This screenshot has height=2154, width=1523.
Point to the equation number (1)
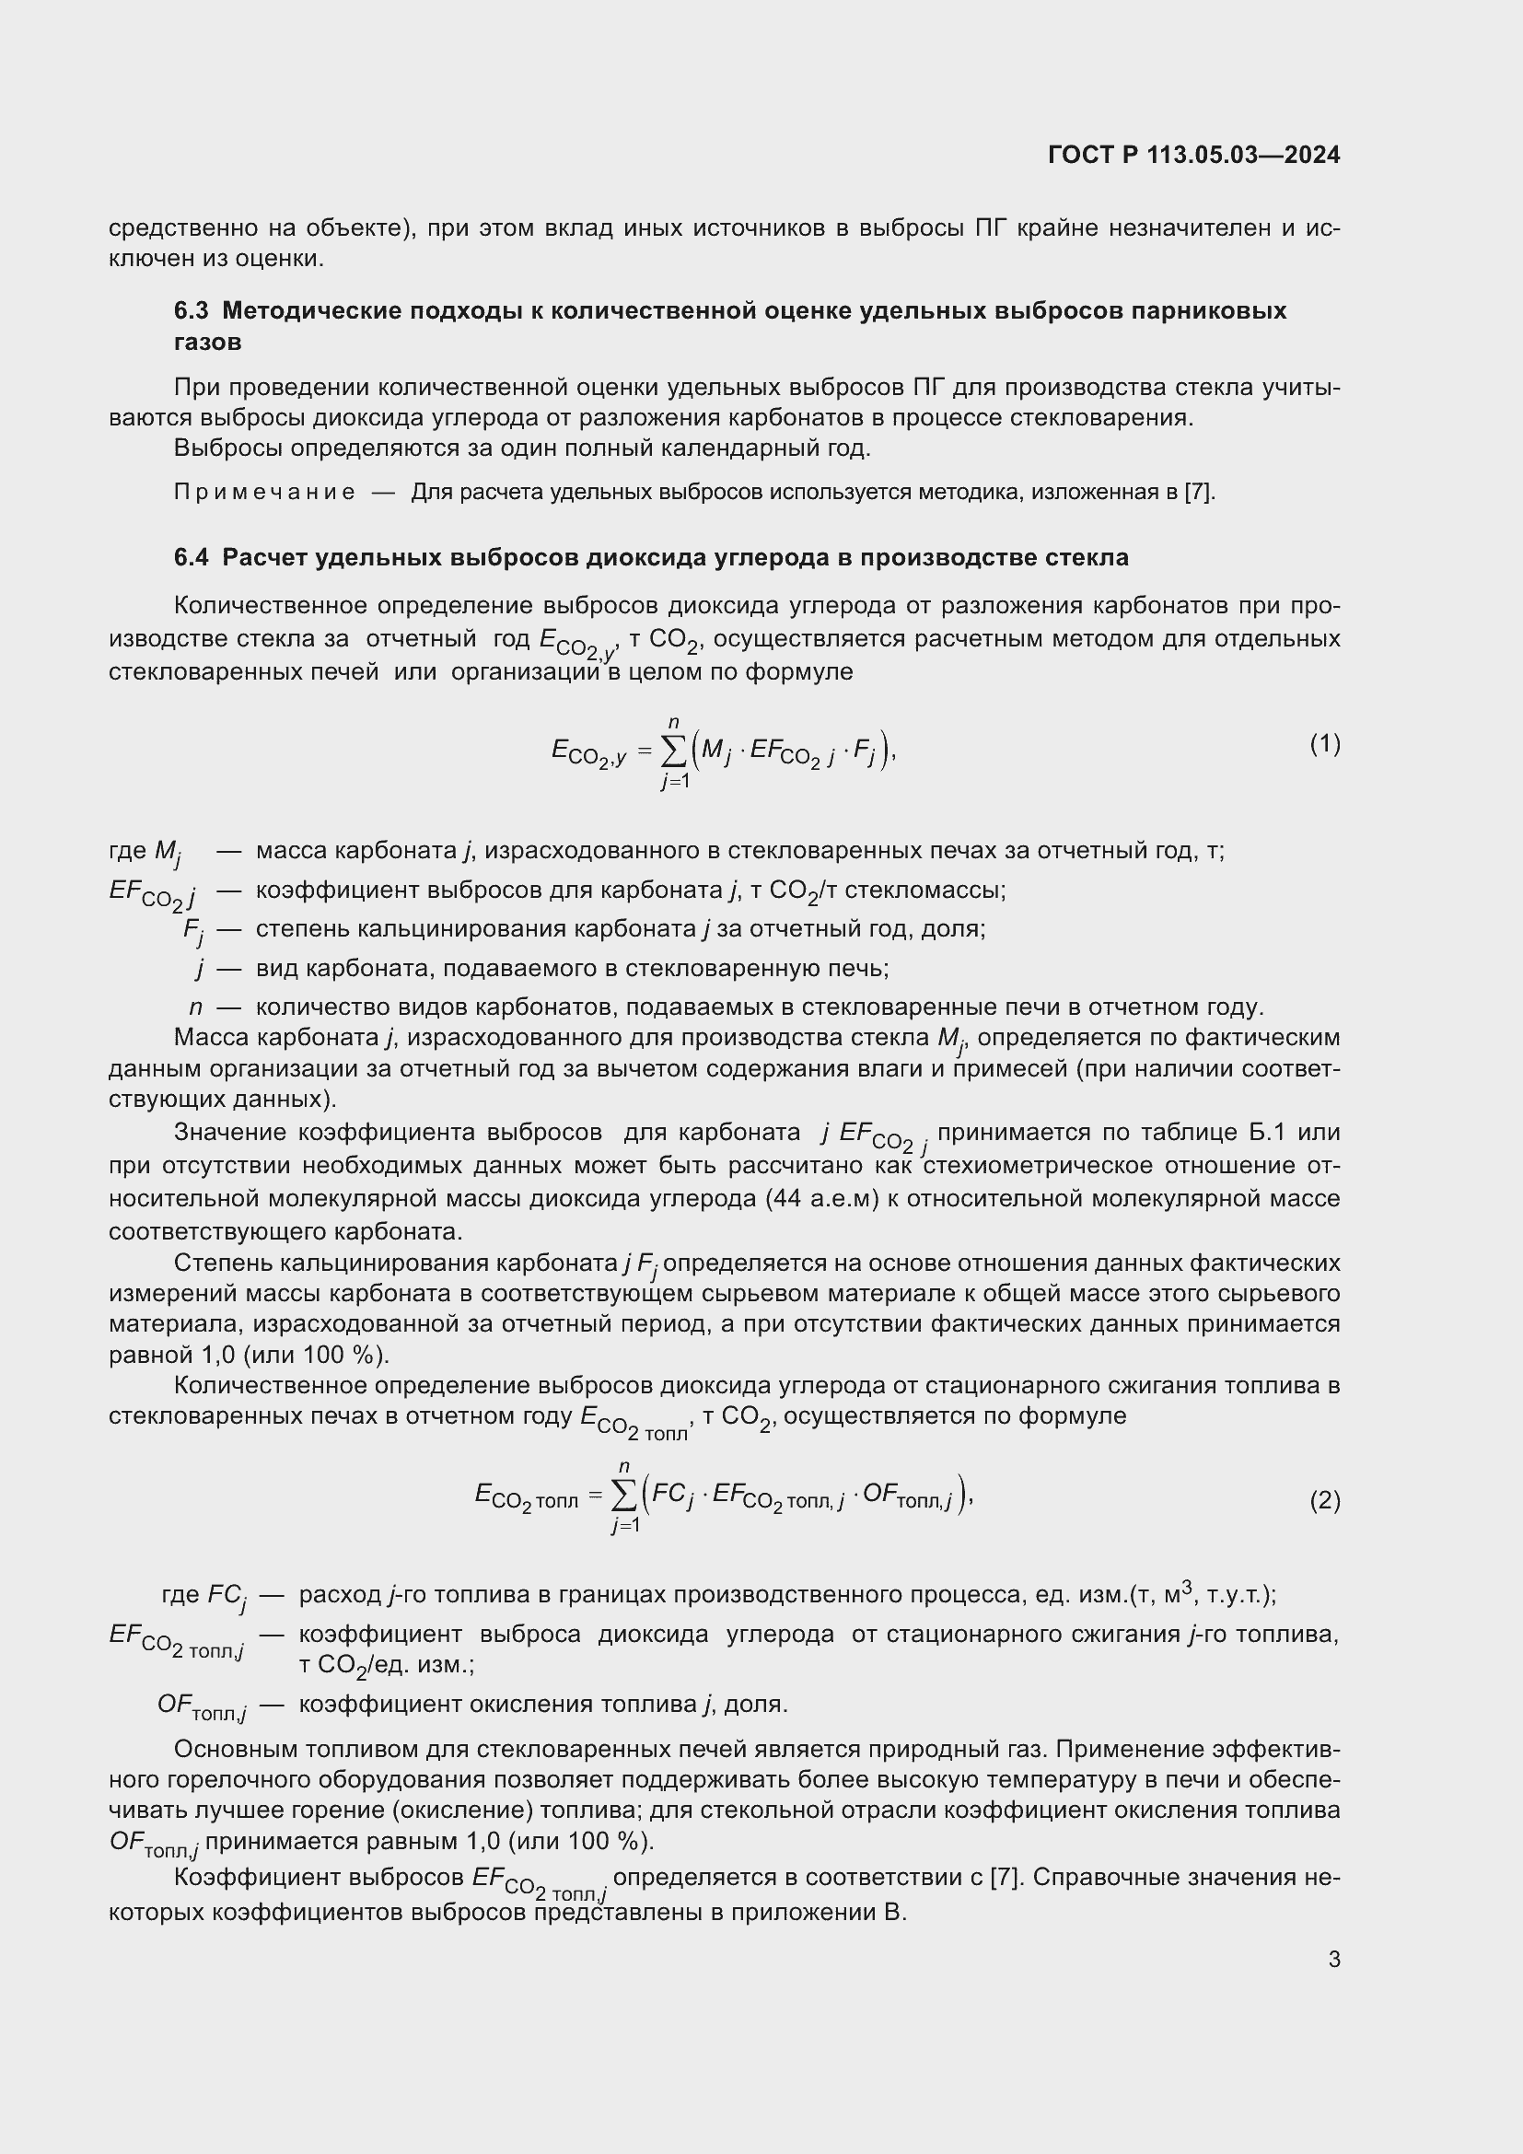coord(1324,744)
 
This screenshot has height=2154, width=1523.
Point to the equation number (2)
coord(1324,1500)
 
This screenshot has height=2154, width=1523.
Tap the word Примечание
coord(264,492)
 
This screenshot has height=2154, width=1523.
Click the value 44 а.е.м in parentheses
coord(820,1199)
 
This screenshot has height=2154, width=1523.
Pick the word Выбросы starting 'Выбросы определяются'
coord(227,448)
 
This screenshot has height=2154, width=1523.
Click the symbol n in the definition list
coord(195,1007)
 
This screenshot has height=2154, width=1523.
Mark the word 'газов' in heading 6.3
coord(207,343)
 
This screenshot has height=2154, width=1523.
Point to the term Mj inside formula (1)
coord(715,751)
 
